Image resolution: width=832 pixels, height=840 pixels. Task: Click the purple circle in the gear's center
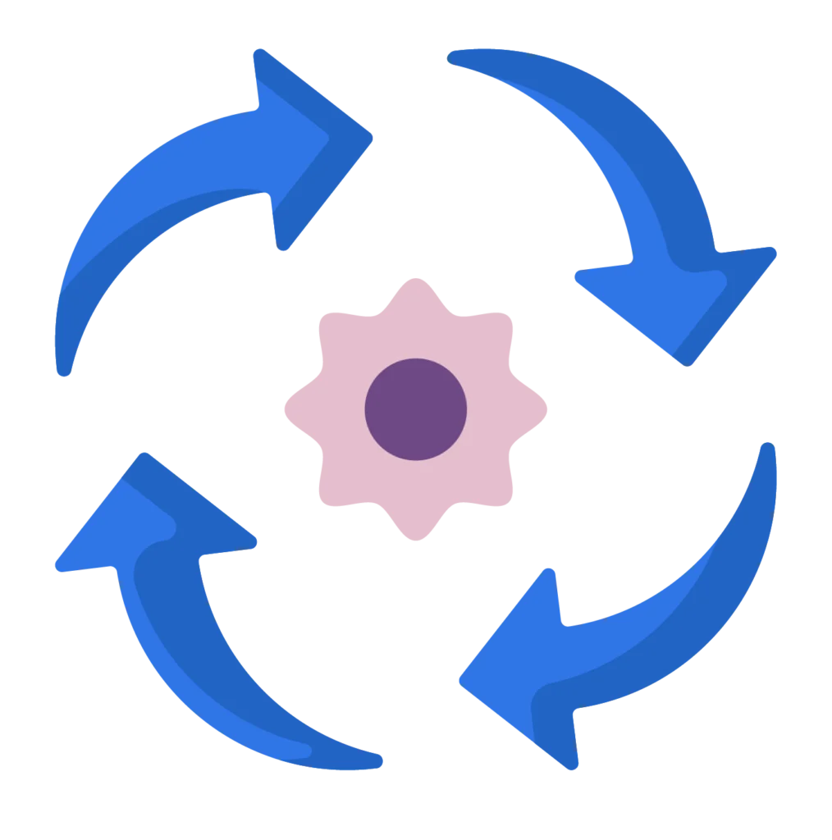[x=416, y=409]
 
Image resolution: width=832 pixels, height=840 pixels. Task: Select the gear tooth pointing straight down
[x=416, y=530]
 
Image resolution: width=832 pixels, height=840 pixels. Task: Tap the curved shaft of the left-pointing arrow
[x=673, y=623]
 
